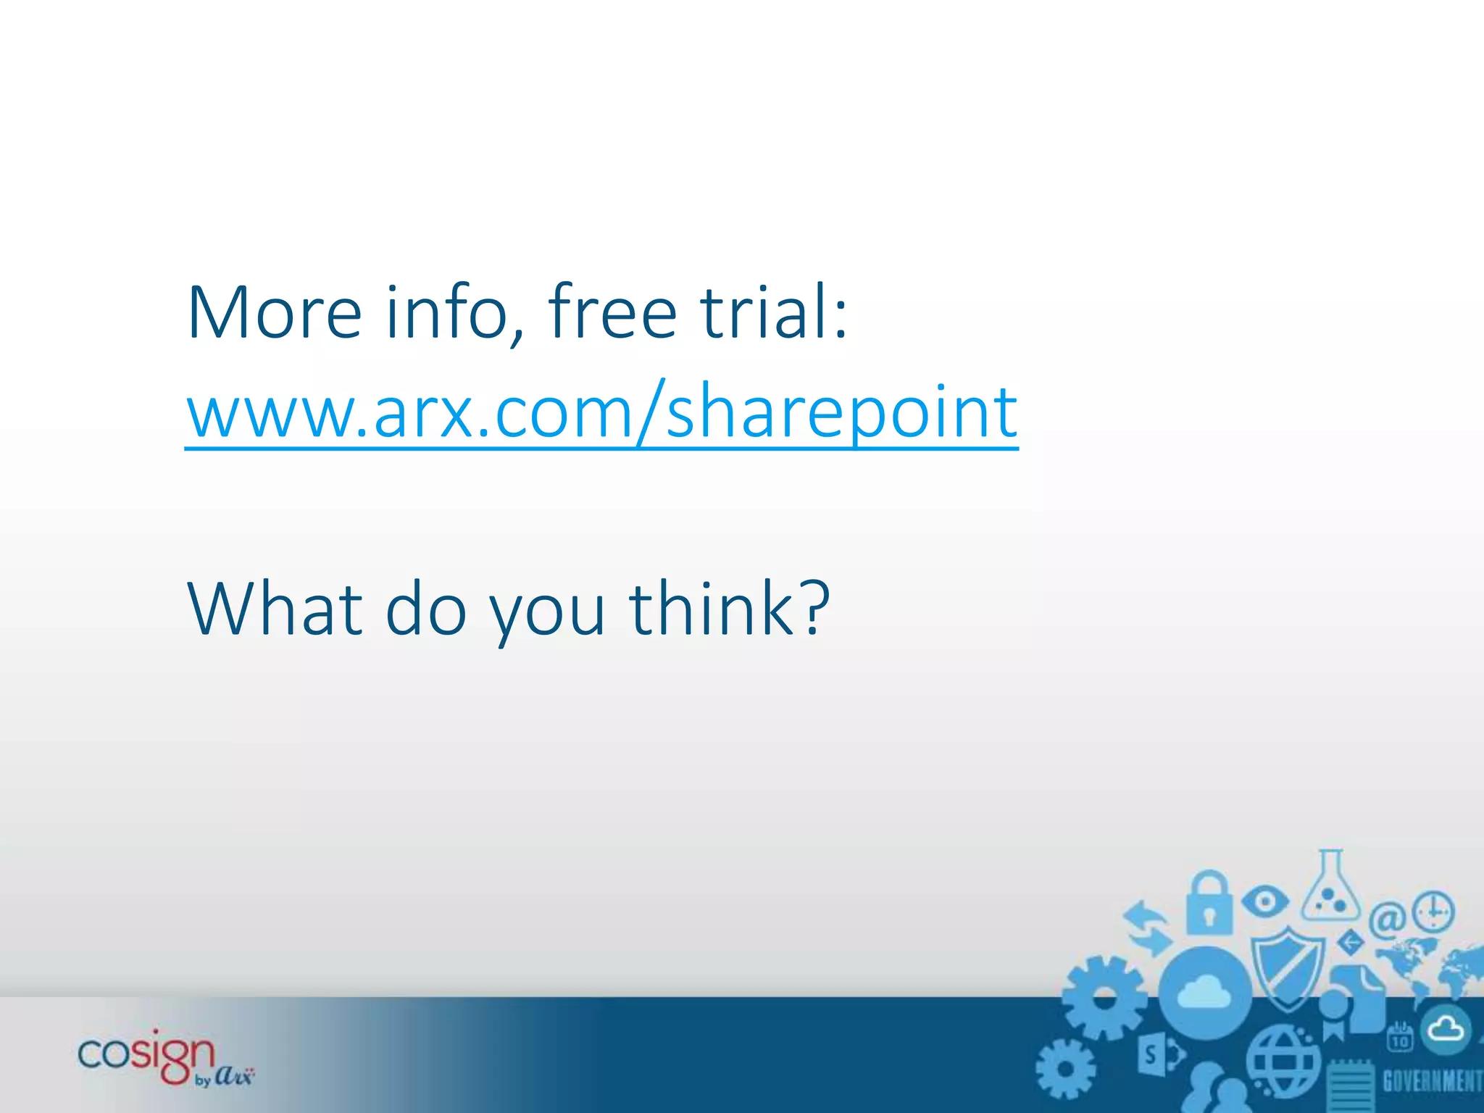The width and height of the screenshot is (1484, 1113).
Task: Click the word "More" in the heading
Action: point(274,313)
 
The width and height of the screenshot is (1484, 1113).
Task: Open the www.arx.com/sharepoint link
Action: point(601,413)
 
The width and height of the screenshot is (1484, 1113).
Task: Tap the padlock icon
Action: point(1209,904)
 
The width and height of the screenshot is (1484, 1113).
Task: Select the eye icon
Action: point(1265,901)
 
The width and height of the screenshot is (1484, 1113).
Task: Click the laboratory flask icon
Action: point(1330,890)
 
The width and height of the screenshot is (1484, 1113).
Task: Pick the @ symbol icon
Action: point(1387,920)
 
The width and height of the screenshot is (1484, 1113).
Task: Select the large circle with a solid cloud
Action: point(1204,992)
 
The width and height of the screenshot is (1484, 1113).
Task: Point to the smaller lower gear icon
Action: point(1065,1069)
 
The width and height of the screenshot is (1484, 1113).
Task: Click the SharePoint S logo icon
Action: point(1158,1056)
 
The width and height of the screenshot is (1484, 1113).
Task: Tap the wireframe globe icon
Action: point(1283,1062)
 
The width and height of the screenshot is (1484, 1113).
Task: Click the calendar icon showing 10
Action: point(1400,1037)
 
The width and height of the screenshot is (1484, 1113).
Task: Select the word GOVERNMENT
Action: point(1432,1080)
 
